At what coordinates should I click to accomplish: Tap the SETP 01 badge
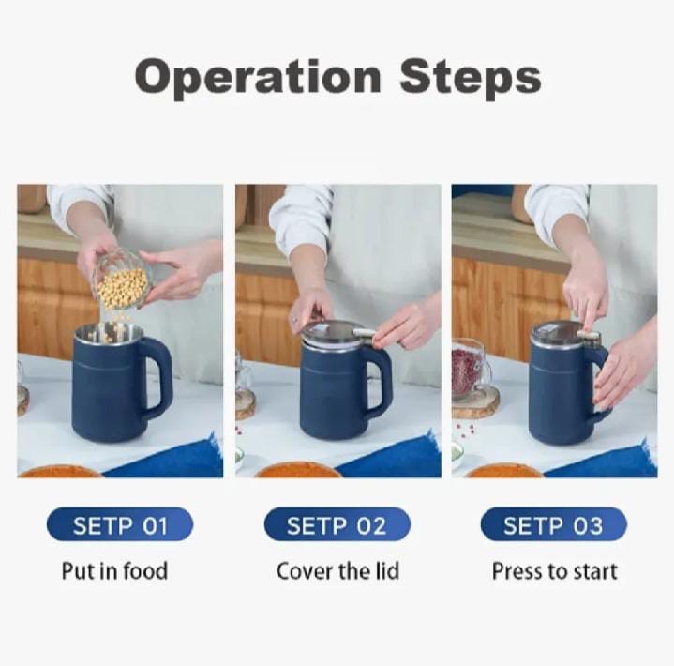click(120, 525)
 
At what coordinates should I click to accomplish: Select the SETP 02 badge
click(337, 525)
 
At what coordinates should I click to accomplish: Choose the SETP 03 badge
click(553, 525)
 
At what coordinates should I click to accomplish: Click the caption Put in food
click(115, 571)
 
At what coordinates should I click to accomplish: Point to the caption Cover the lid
click(337, 571)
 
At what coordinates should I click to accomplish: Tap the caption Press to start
click(554, 571)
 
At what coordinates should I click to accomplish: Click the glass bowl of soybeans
click(122, 281)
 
